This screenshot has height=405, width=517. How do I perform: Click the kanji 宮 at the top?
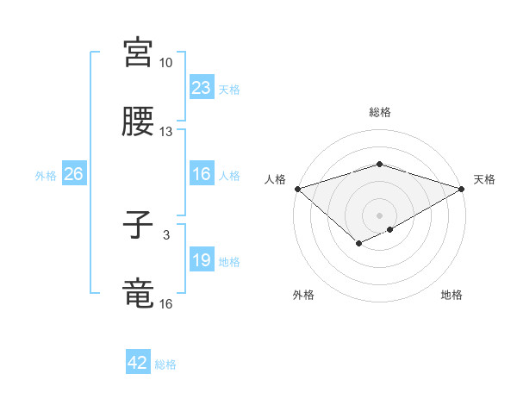coord(139,53)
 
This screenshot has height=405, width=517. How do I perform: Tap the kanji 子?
coord(139,227)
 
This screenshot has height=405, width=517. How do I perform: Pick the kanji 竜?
coord(139,293)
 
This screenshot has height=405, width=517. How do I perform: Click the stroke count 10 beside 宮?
coord(166,64)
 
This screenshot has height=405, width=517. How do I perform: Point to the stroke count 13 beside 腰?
coord(166,132)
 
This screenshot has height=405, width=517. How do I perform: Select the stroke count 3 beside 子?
coord(166,234)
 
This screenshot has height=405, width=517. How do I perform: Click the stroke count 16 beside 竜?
coord(166,303)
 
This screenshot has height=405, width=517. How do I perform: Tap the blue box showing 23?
coord(202,88)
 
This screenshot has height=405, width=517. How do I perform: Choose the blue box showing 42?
coord(138,363)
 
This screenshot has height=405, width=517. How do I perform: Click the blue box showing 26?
coord(74,174)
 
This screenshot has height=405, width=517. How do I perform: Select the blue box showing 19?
coord(202,260)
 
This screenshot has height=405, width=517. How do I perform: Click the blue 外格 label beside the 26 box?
coord(46,175)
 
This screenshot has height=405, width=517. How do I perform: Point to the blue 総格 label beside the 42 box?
coord(165,364)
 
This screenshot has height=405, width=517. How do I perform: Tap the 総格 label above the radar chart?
coord(379,112)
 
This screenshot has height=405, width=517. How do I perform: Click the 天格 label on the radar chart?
coord(484,179)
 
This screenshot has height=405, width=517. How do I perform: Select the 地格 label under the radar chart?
coord(452,295)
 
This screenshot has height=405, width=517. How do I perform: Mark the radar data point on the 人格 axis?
coord(297,188)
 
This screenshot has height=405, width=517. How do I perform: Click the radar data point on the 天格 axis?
coord(462,188)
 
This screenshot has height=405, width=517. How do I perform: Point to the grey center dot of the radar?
coord(379,215)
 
